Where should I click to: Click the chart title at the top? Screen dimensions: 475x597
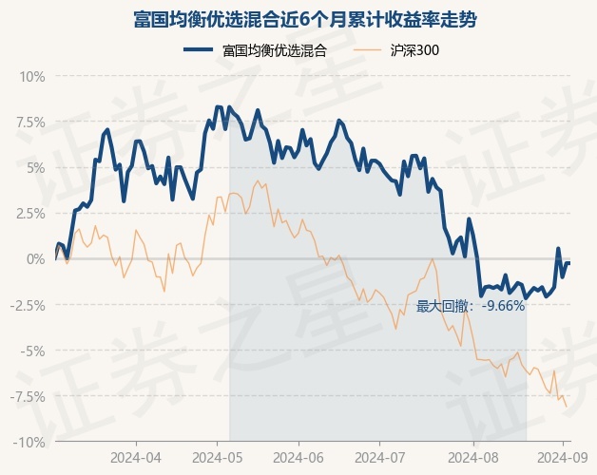click(298, 20)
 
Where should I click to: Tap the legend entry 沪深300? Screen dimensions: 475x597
click(414, 50)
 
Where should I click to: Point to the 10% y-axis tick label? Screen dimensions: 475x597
click(31, 76)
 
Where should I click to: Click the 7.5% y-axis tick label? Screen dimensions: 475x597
click(29, 122)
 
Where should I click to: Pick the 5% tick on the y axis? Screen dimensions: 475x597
click(34, 167)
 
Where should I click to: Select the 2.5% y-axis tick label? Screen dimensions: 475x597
click(29, 213)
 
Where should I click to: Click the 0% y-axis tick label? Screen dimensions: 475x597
click(34, 258)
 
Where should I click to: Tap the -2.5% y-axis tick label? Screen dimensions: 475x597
click(27, 305)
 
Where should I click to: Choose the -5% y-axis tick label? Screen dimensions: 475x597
click(32, 351)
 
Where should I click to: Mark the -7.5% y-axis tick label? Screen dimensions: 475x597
click(27, 396)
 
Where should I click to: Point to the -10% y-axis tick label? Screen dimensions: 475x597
click(29, 442)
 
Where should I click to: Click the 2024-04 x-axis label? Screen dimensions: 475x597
click(135, 457)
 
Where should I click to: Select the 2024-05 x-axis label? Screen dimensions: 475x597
click(217, 457)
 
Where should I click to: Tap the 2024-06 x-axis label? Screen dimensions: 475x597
click(298, 457)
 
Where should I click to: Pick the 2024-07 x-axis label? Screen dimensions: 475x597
click(378, 457)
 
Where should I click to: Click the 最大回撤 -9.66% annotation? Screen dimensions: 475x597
click(471, 306)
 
